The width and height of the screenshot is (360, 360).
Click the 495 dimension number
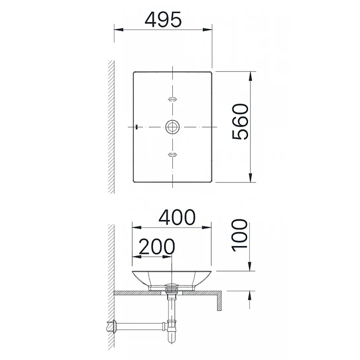[163, 19]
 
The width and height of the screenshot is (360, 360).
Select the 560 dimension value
[240, 122]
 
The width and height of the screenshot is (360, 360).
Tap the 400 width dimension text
[177, 217]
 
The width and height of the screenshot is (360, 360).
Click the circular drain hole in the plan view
[172, 127]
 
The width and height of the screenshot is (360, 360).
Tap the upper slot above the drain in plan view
[172, 99]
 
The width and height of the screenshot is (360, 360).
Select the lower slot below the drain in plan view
[172, 154]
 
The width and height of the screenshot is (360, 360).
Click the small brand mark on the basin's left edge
[136, 127]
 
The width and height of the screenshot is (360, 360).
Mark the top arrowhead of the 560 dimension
[251, 76]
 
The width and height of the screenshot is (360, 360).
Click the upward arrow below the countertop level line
[251, 296]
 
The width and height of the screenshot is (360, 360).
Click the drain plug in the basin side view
[172, 286]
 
